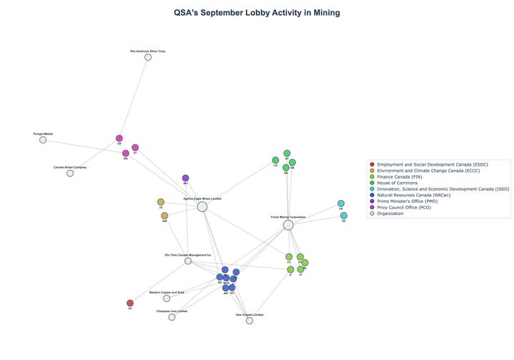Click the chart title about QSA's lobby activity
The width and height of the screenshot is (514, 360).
click(257, 13)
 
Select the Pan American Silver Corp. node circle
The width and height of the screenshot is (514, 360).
click(148, 57)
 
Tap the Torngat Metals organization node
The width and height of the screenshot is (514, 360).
click(43, 139)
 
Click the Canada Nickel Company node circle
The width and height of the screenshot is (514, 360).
click(70, 173)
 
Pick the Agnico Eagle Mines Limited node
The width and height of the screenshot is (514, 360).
click(202, 206)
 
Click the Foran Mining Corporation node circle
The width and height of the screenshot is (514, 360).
click(288, 225)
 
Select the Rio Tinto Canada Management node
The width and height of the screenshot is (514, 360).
click(188, 261)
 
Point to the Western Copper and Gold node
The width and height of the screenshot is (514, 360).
click(166, 298)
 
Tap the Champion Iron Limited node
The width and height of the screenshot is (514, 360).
click(171, 317)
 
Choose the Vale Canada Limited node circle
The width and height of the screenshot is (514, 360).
click(249, 321)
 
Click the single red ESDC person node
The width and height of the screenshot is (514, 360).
click(130, 303)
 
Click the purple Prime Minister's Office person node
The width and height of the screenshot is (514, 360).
click(186, 178)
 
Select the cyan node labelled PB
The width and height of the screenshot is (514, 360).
click(341, 204)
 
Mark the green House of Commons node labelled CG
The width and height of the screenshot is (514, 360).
click(276, 160)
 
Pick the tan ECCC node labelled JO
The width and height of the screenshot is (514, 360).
click(161, 202)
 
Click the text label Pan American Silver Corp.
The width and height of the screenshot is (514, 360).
click(148, 51)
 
